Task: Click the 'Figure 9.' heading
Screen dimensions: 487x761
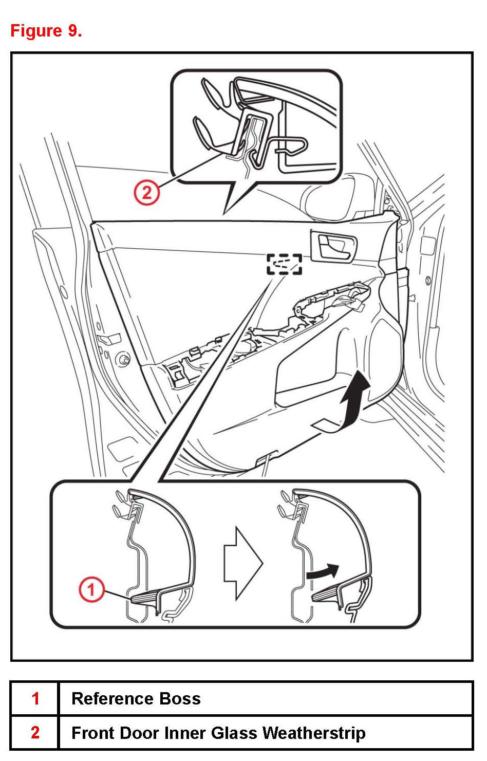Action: coord(46,31)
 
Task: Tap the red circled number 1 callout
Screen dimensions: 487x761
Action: coord(91,589)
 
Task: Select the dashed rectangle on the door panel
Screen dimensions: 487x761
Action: coord(284,264)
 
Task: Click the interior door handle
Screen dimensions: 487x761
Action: coord(333,246)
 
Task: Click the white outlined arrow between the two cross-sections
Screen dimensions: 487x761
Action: coord(242,563)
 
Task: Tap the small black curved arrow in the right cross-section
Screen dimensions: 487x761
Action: coord(323,571)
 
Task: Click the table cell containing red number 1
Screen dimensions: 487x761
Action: coord(35,698)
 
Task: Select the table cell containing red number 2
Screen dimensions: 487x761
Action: coord(35,732)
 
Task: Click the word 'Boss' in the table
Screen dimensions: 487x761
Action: coord(180,698)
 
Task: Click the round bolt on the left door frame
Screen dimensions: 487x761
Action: coord(123,360)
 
